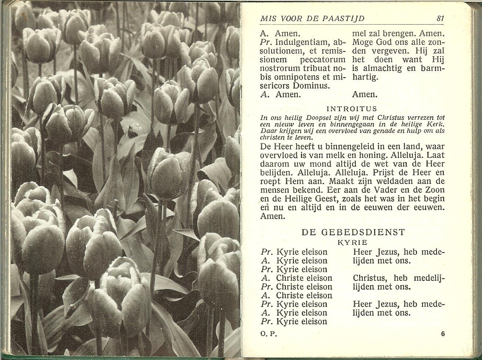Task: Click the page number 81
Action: (x=440, y=18)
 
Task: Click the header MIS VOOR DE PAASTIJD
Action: (x=312, y=19)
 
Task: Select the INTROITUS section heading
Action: (x=352, y=109)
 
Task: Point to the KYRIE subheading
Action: (x=352, y=243)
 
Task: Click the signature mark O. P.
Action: (x=268, y=334)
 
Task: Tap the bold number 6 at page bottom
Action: (x=443, y=334)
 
